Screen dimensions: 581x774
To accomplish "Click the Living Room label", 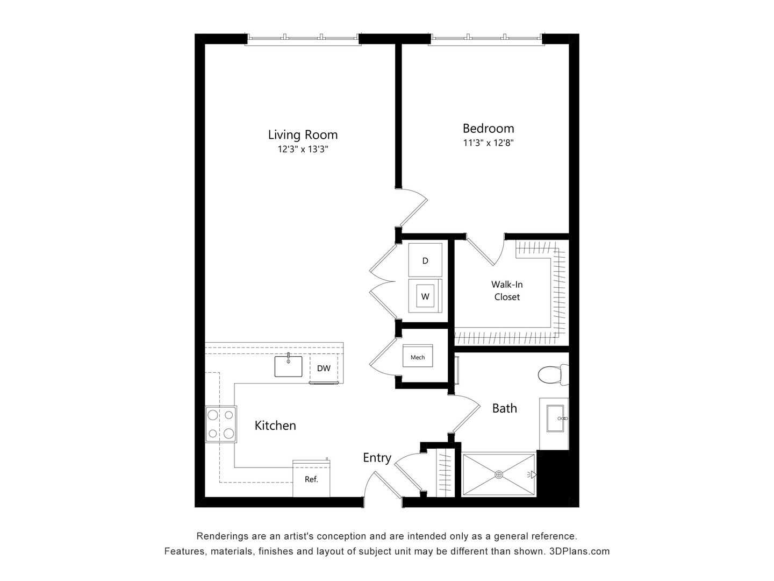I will click(303, 134).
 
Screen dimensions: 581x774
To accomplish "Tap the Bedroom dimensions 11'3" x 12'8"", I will click(488, 143).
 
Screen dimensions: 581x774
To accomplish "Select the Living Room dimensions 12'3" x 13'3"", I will click(303, 150).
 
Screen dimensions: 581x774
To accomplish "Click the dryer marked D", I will click(425, 260).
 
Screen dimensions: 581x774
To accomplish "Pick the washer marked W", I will click(425, 296).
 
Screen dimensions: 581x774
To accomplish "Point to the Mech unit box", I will click(418, 357).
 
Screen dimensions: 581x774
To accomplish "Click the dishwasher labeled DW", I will click(324, 369).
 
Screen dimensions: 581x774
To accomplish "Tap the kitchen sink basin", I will click(289, 366).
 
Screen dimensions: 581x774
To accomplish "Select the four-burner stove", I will click(221, 424).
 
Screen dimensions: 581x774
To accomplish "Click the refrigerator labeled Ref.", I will click(311, 479).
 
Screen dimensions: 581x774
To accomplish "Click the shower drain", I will click(499, 474).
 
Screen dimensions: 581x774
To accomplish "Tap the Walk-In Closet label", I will click(507, 290).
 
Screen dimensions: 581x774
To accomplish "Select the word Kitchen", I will click(275, 426).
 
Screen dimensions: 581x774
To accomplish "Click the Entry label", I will click(377, 458).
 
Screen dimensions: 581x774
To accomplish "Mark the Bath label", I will click(505, 408).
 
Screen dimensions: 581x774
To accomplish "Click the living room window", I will click(303, 38).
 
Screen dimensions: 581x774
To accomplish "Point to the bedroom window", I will click(486, 38).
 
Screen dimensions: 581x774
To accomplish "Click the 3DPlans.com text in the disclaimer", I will click(579, 551).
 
